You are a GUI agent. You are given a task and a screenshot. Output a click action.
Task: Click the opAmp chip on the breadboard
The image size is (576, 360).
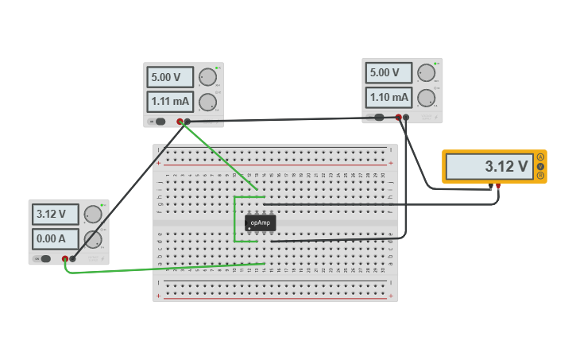click(261, 223)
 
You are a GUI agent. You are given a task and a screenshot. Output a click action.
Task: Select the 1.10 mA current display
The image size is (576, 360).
click(388, 97)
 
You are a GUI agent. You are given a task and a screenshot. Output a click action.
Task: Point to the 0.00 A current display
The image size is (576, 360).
click(56, 238)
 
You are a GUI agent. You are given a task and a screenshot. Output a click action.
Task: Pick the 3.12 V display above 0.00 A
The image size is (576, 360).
click(56, 214)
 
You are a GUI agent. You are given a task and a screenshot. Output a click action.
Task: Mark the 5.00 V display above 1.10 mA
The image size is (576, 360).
click(388, 73)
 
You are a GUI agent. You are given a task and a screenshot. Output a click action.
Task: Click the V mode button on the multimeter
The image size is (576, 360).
click(541, 167)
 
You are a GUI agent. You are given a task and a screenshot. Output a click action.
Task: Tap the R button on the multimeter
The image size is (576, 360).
click(541, 176)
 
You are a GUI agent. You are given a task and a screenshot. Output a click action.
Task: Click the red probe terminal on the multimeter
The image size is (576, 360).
click(498, 187)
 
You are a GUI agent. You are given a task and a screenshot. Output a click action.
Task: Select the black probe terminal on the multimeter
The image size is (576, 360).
click(491, 187)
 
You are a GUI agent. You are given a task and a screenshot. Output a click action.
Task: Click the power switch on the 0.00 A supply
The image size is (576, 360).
click(44, 258)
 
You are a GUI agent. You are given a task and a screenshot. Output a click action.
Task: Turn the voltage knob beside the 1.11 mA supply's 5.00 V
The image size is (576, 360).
click(207, 77)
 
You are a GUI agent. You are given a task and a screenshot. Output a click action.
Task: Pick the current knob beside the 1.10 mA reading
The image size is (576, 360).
click(427, 98)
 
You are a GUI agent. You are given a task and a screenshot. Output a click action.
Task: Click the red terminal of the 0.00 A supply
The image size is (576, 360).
click(65, 258)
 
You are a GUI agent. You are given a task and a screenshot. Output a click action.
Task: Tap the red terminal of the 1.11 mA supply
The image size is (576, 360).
click(180, 122)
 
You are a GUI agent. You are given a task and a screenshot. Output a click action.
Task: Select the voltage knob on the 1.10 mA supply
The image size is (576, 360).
click(427, 72)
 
